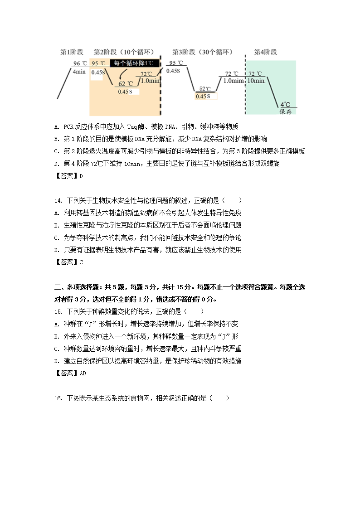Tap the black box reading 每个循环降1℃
pyautogui.click(x=135, y=63)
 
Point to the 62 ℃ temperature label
pyautogui.click(x=126, y=84)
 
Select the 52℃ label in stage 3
pyautogui.click(x=205, y=89)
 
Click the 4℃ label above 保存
pyautogui.click(x=285, y=104)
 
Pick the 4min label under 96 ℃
pyautogui.click(x=79, y=72)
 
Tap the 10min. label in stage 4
pyautogui.click(x=256, y=81)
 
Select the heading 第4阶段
pyautogui.click(x=265, y=52)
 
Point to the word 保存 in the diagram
pyautogui.click(x=286, y=111)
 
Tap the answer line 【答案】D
pyautogui.click(x=68, y=176)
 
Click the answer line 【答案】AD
pyautogui.click(x=70, y=373)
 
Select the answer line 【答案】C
pyautogui.click(x=68, y=262)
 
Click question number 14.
pyautogui.click(x=58, y=200)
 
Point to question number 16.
pyautogui.click(x=58, y=398)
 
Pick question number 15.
pyautogui.click(x=58, y=311)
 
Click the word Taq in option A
pyautogui.click(x=132, y=126)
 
